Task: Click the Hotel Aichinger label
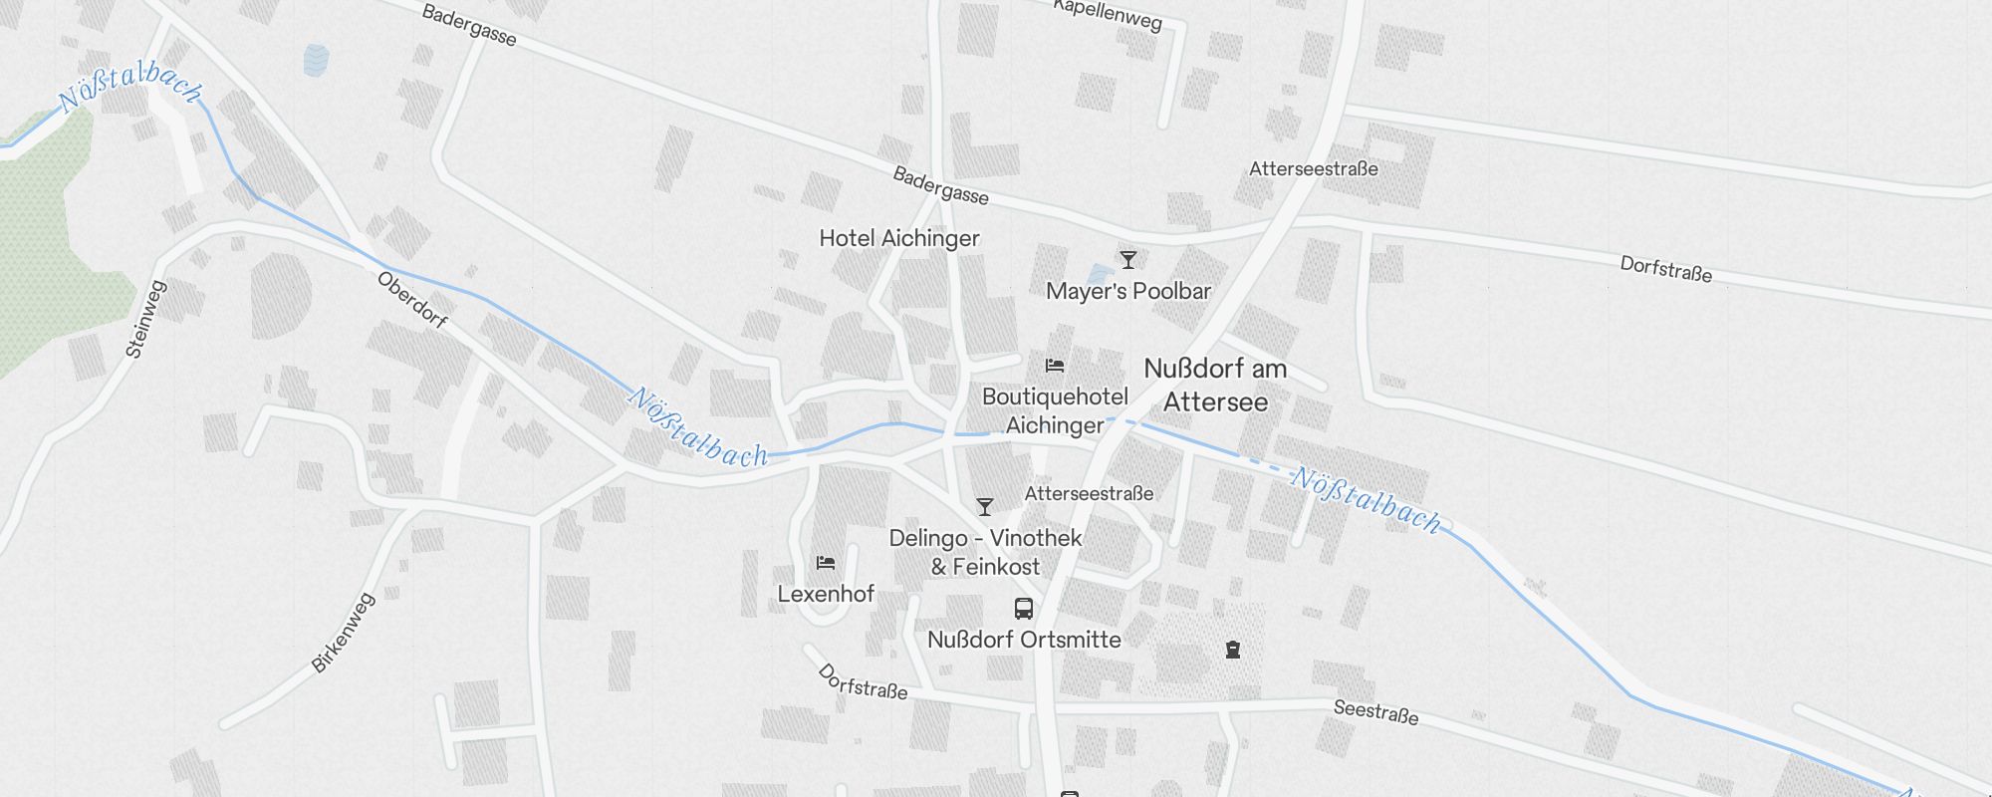click(898, 238)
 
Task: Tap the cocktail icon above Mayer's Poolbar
click(1127, 260)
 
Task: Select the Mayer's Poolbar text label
click(1127, 291)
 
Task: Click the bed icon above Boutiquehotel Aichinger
click(1055, 366)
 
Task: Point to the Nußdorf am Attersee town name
click(1215, 386)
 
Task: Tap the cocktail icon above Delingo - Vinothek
click(984, 507)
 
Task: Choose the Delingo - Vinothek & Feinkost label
click(985, 552)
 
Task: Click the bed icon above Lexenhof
click(826, 563)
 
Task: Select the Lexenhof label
click(826, 594)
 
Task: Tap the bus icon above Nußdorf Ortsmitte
click(1023, 609)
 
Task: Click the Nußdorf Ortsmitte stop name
click(1024, 640)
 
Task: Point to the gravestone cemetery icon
click(1233, 650)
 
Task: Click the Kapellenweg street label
click(1108, 14)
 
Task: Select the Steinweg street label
click(146, 319)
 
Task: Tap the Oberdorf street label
click(412, 300)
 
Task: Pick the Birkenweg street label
click(343, 632)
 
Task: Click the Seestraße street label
click(1375, 711)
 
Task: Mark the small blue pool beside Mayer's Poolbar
click(1099, 273)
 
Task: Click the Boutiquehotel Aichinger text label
click(1055, 410)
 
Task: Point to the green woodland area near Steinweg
click(50, 249)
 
